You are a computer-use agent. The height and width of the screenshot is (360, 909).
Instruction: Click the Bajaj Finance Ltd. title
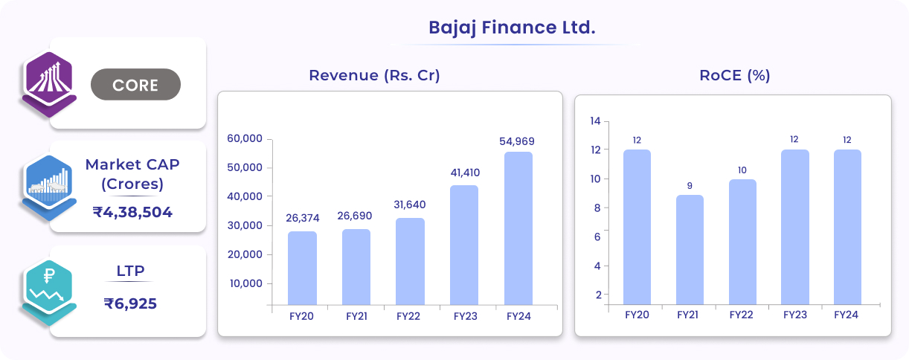(512, 28)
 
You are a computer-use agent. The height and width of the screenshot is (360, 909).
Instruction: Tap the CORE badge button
(135, 85)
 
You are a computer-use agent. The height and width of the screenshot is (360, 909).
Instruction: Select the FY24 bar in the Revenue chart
(518, 228)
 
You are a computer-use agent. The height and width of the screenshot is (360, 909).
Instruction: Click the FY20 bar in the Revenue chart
(302, 267)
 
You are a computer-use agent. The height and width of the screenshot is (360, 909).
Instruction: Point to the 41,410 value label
(465, 173)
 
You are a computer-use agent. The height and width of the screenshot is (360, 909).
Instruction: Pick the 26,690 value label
(356, 216)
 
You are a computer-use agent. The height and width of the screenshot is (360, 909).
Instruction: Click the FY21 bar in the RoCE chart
(690, 249)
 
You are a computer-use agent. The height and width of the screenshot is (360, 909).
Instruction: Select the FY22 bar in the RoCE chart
(742, 242)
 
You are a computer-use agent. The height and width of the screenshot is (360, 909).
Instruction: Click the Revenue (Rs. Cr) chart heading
(374, 75)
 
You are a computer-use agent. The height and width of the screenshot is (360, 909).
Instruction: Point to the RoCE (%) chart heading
(734, 75)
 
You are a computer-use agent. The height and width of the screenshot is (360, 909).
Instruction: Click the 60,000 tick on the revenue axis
(245, 138)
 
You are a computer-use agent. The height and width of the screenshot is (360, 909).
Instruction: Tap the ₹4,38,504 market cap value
(132, 212)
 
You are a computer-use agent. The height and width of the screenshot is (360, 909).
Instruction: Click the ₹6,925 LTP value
(130, 303)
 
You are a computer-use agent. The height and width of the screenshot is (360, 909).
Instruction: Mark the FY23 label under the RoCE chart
(794, 315)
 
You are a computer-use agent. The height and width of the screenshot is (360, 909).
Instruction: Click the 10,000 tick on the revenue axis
(245, 283)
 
